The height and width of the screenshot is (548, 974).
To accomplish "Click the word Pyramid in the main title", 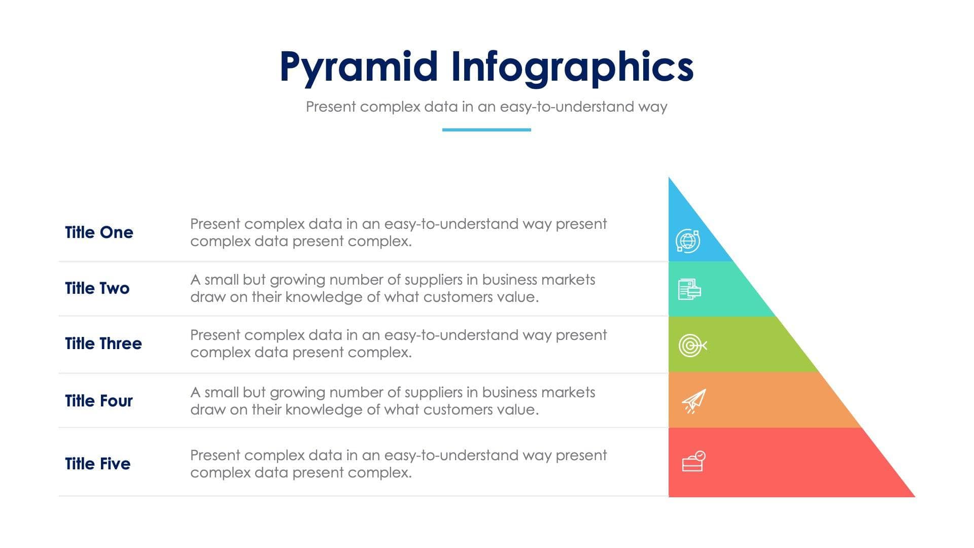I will click(358, 67).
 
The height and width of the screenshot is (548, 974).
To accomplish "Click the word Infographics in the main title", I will click(572, 67).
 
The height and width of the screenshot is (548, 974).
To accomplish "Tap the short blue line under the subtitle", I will click(486, 130).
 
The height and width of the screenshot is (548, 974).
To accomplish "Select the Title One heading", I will click(99, 232).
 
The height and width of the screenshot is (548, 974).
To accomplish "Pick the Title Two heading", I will click(97, 288).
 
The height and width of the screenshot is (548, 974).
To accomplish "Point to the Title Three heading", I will click(103, 344).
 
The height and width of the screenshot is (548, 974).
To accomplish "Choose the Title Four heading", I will click(98, 401).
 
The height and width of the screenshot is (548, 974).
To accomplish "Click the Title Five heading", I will click(97, 464).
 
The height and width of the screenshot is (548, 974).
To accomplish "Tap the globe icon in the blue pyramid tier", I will click(688, 241).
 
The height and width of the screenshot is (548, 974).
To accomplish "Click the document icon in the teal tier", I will click(689, 289).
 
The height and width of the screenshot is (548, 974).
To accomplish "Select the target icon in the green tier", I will click(692, 346).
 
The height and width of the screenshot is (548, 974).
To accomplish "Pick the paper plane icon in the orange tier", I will click(694, 401).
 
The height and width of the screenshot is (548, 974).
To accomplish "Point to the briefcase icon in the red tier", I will click(693, 461).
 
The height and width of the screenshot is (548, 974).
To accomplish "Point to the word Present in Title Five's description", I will click(215, 455).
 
